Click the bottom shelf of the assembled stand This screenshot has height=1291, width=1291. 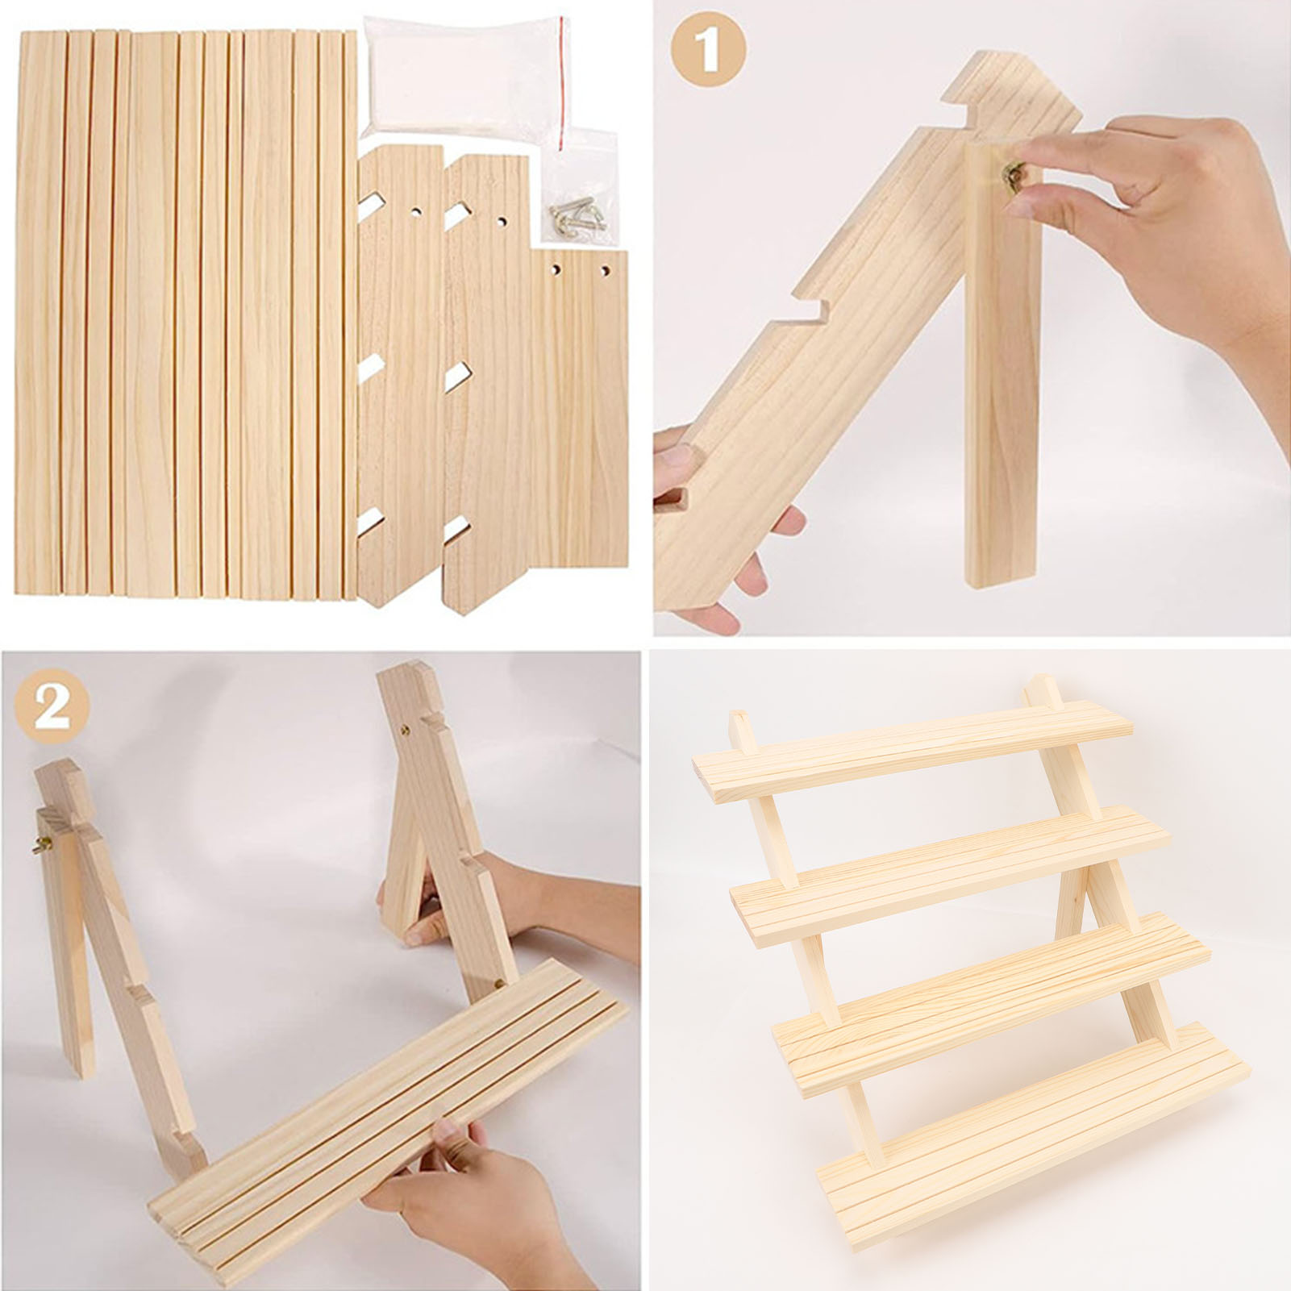(1036, 1123)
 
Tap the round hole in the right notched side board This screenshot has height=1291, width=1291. (502, 219)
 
